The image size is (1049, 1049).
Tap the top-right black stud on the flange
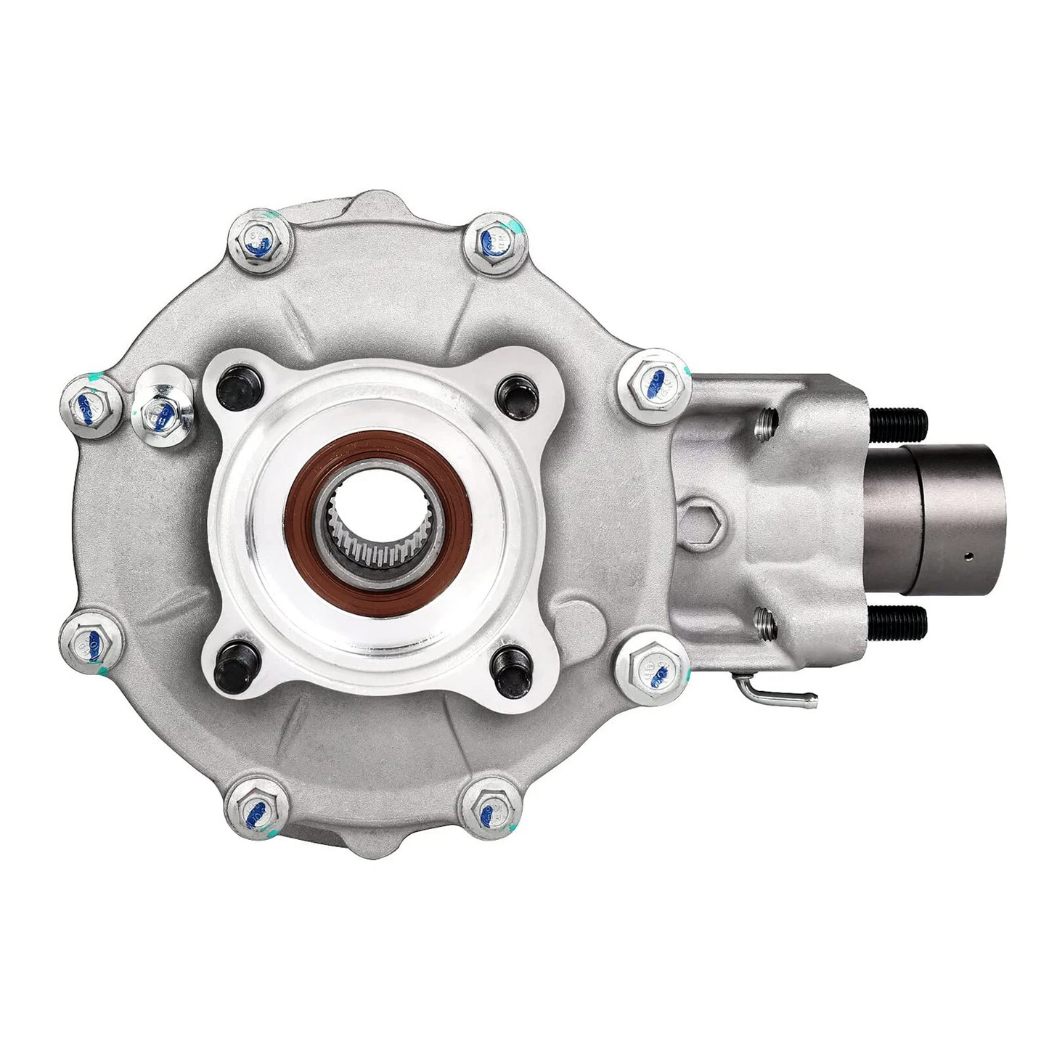pos(517,392)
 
